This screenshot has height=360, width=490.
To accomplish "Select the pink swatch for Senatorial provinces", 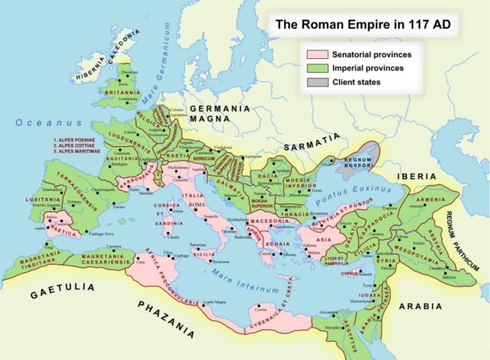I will (316, 54).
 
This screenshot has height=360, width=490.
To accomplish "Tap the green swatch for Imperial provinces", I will (316, 68).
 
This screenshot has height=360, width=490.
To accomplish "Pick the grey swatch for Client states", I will (316, 82).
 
